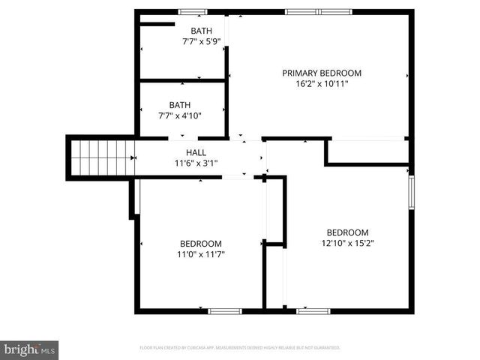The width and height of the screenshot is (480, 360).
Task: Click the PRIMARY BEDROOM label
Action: [322, 73]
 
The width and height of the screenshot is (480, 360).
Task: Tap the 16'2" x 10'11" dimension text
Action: [322, 83]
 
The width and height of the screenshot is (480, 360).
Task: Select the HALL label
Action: [196, 152]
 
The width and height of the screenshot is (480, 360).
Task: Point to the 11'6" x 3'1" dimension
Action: [196, 163]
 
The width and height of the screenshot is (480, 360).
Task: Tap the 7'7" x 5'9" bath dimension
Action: [201, 41]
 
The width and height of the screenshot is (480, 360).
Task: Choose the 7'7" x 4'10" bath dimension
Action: [180, 115]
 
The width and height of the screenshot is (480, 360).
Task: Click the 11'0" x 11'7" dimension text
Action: [201, 254]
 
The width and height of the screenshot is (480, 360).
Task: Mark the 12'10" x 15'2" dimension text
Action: [348, 243]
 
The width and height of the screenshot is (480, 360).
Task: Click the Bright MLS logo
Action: [30, 349]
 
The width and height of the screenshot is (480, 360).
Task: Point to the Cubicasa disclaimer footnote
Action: [240, 348]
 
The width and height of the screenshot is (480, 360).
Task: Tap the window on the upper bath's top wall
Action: [192, 11]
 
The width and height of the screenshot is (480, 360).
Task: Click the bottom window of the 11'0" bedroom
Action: [224, 310]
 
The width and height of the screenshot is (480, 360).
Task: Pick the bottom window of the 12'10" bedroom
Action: [313, 310]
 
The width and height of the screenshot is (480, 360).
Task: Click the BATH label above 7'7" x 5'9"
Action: [201, 31]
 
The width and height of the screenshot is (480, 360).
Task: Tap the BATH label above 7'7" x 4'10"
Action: [180, 105]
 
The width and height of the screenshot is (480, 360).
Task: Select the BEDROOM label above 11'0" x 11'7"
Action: [201, 244]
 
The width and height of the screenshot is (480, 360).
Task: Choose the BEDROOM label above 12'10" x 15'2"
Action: [348, 232]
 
